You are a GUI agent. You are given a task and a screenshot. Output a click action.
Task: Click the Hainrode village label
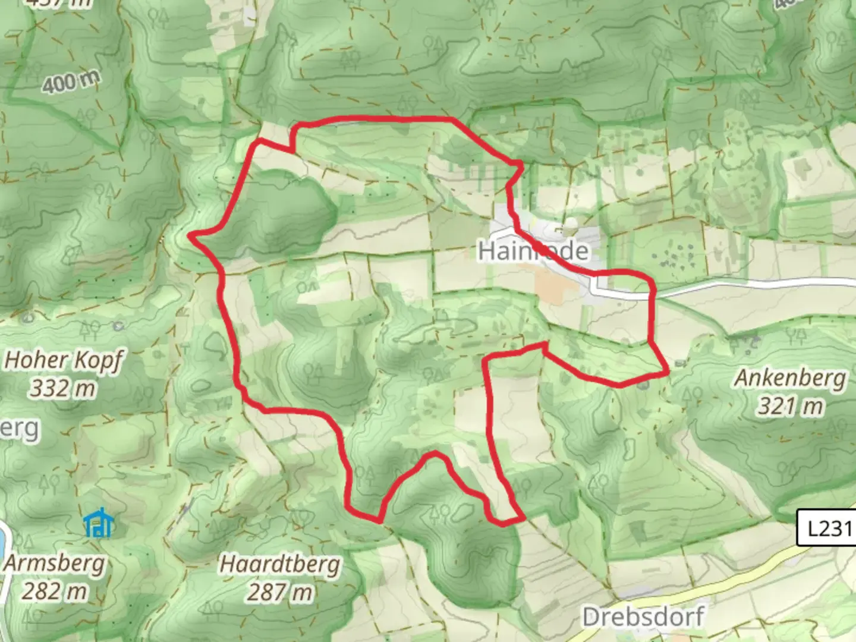(x=533, y=251)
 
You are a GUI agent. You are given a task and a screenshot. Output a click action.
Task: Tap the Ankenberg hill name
(x=790, y=378)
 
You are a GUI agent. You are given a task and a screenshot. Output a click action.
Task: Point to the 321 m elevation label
(x=790, y=407)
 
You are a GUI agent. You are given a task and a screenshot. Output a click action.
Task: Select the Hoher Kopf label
(x=64, y=360)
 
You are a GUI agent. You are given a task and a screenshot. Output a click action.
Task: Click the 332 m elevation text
(x=63, y=389)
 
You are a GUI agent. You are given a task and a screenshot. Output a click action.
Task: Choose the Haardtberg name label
(x=279, y=564)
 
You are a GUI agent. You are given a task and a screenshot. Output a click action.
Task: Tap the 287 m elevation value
(x=279, y=592)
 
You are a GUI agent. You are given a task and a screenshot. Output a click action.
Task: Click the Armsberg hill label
(x=55, y=563)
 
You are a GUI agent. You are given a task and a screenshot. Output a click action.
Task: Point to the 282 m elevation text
(x=55, y=591)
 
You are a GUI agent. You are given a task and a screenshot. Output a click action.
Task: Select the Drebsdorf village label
(x=643, y=616)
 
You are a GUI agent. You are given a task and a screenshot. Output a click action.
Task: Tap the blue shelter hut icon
(x=98, y=523)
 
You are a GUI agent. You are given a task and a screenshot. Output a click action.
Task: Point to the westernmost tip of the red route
(x=190, y=236)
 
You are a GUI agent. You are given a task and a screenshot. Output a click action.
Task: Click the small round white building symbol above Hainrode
(x=571, y=224)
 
